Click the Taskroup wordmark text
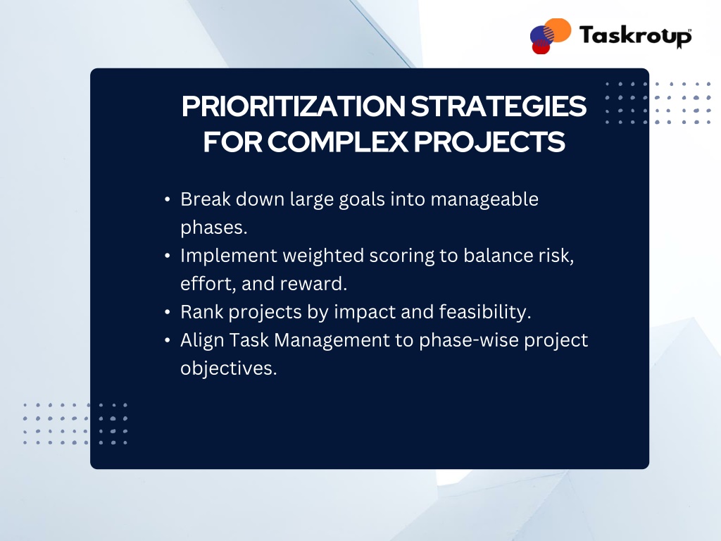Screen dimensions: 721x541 pos(636,36)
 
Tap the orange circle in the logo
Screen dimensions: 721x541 pos(558,30)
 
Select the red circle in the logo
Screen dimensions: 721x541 pos(541,46)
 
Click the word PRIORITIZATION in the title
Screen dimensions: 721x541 pos(294,107)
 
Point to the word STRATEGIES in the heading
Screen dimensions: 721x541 pos(499,107)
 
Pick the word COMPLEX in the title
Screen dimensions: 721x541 pos(338,142)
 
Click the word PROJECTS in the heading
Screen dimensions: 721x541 pos(489,142)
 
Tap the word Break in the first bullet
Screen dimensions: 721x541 pos(206,199)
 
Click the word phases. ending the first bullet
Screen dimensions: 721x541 pos(214,228)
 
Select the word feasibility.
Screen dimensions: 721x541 pos(484,313)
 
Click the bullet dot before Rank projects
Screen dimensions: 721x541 pos(168,312)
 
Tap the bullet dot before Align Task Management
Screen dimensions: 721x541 pos(168,340)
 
